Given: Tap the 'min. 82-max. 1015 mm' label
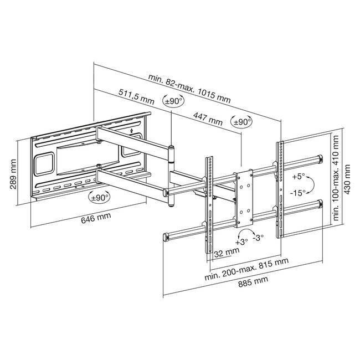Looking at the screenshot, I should point(189,89).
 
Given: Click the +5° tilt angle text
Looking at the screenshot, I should point(299,177).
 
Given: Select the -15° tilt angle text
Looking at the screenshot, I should point(299,193).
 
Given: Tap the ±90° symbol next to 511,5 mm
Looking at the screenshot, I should point(173,101).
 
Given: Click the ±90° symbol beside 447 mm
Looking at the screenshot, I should point(241,122).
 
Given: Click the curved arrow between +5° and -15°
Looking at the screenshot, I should point(311,185).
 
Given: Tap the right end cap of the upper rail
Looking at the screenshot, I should point(319,159).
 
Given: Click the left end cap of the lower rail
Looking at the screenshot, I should point(166,238).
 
